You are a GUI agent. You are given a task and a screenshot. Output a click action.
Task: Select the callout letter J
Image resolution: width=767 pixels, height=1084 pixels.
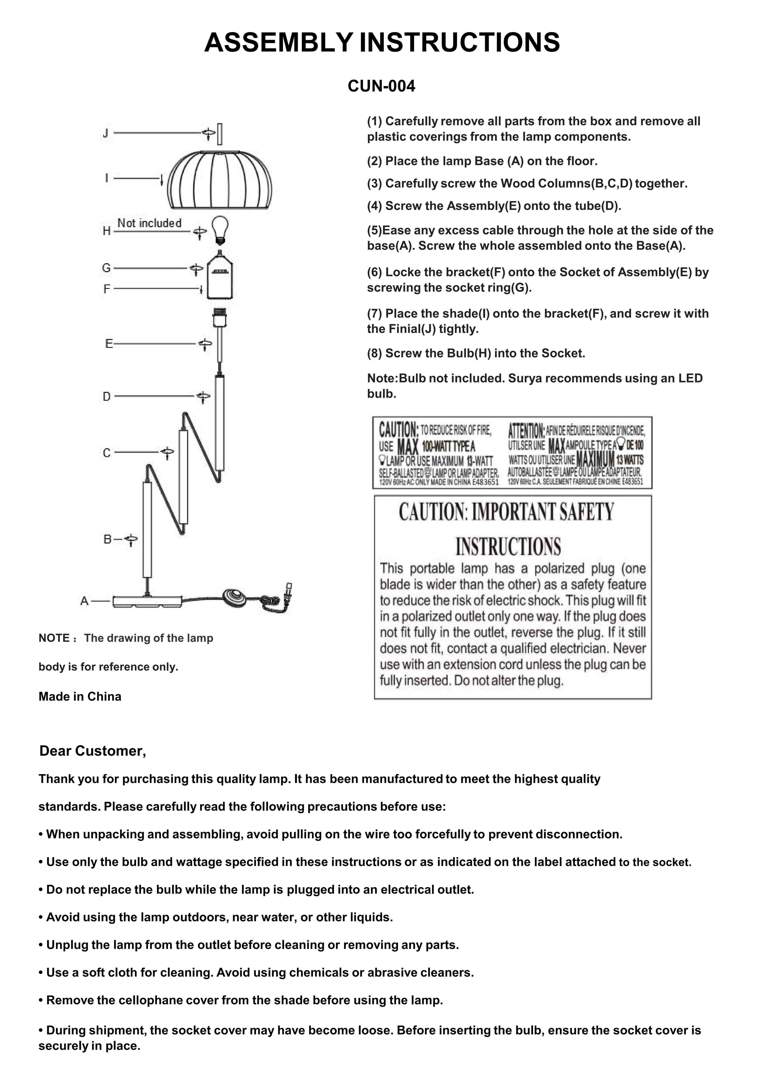[106, 133]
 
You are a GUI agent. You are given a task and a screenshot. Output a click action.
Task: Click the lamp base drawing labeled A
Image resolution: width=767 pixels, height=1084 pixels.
[147, 601]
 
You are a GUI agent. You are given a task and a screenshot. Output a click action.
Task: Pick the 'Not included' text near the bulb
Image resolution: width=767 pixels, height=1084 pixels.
[149, 223]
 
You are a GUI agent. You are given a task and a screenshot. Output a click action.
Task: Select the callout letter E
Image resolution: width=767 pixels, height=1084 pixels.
[109, 344]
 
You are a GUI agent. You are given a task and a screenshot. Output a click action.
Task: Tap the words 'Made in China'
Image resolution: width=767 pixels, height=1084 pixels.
[80, 696]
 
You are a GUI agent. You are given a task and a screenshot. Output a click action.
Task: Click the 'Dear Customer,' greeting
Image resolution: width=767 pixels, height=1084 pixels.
[93, 751]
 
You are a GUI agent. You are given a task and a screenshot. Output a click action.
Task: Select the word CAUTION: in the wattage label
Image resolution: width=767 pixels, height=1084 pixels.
[398, 430]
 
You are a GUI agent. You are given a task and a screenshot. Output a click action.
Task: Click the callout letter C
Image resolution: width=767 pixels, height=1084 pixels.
[107, 453]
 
